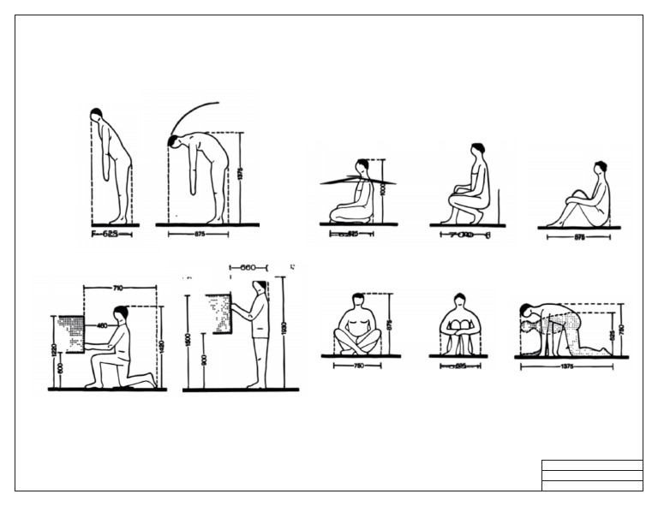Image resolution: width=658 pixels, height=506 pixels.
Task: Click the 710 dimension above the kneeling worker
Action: tap(121, 289)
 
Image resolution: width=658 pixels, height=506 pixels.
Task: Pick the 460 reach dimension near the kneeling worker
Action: tap(102, 325)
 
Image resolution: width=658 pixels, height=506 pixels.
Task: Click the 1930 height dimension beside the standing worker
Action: tap(283, 329)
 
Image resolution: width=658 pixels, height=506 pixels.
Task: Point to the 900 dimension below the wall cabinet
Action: tap(203, 360)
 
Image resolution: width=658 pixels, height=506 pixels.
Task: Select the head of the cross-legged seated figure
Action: tap(358, 300)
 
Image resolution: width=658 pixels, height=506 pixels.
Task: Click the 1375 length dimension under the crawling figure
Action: tap(565, 366)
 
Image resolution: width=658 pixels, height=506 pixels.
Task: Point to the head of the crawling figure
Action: tap(526, 310)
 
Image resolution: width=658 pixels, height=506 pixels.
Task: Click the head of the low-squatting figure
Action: tap(477, 150)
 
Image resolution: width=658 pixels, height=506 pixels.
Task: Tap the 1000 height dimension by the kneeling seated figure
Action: tap(382, 188)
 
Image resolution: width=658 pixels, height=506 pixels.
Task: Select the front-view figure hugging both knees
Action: tap(459, 325)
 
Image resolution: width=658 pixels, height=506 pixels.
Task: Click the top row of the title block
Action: tap(591, 466)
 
